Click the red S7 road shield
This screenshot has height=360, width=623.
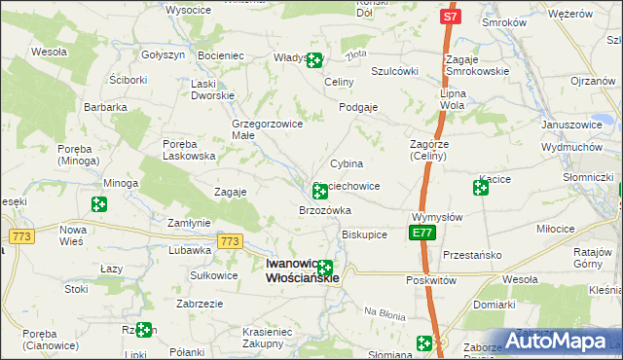click(449, 17)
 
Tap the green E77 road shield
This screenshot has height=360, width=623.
click(421, 233)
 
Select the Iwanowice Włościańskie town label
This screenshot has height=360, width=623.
click(303, 270)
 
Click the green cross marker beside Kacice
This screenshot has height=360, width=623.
click(481, 187)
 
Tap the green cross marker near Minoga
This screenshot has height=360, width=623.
click(98, 203)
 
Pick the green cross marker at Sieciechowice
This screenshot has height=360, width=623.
click(319, 192)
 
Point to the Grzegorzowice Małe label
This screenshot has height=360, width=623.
click(268, 129)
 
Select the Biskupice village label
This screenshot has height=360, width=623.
click(365, 234)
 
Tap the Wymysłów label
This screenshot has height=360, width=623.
click(437, 217)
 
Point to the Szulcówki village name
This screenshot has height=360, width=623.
click(394, 71)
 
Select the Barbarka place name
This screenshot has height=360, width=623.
click(105, 107)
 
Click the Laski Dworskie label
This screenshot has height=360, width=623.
click(212, 90)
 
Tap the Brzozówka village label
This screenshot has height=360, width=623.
click(324, 210)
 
